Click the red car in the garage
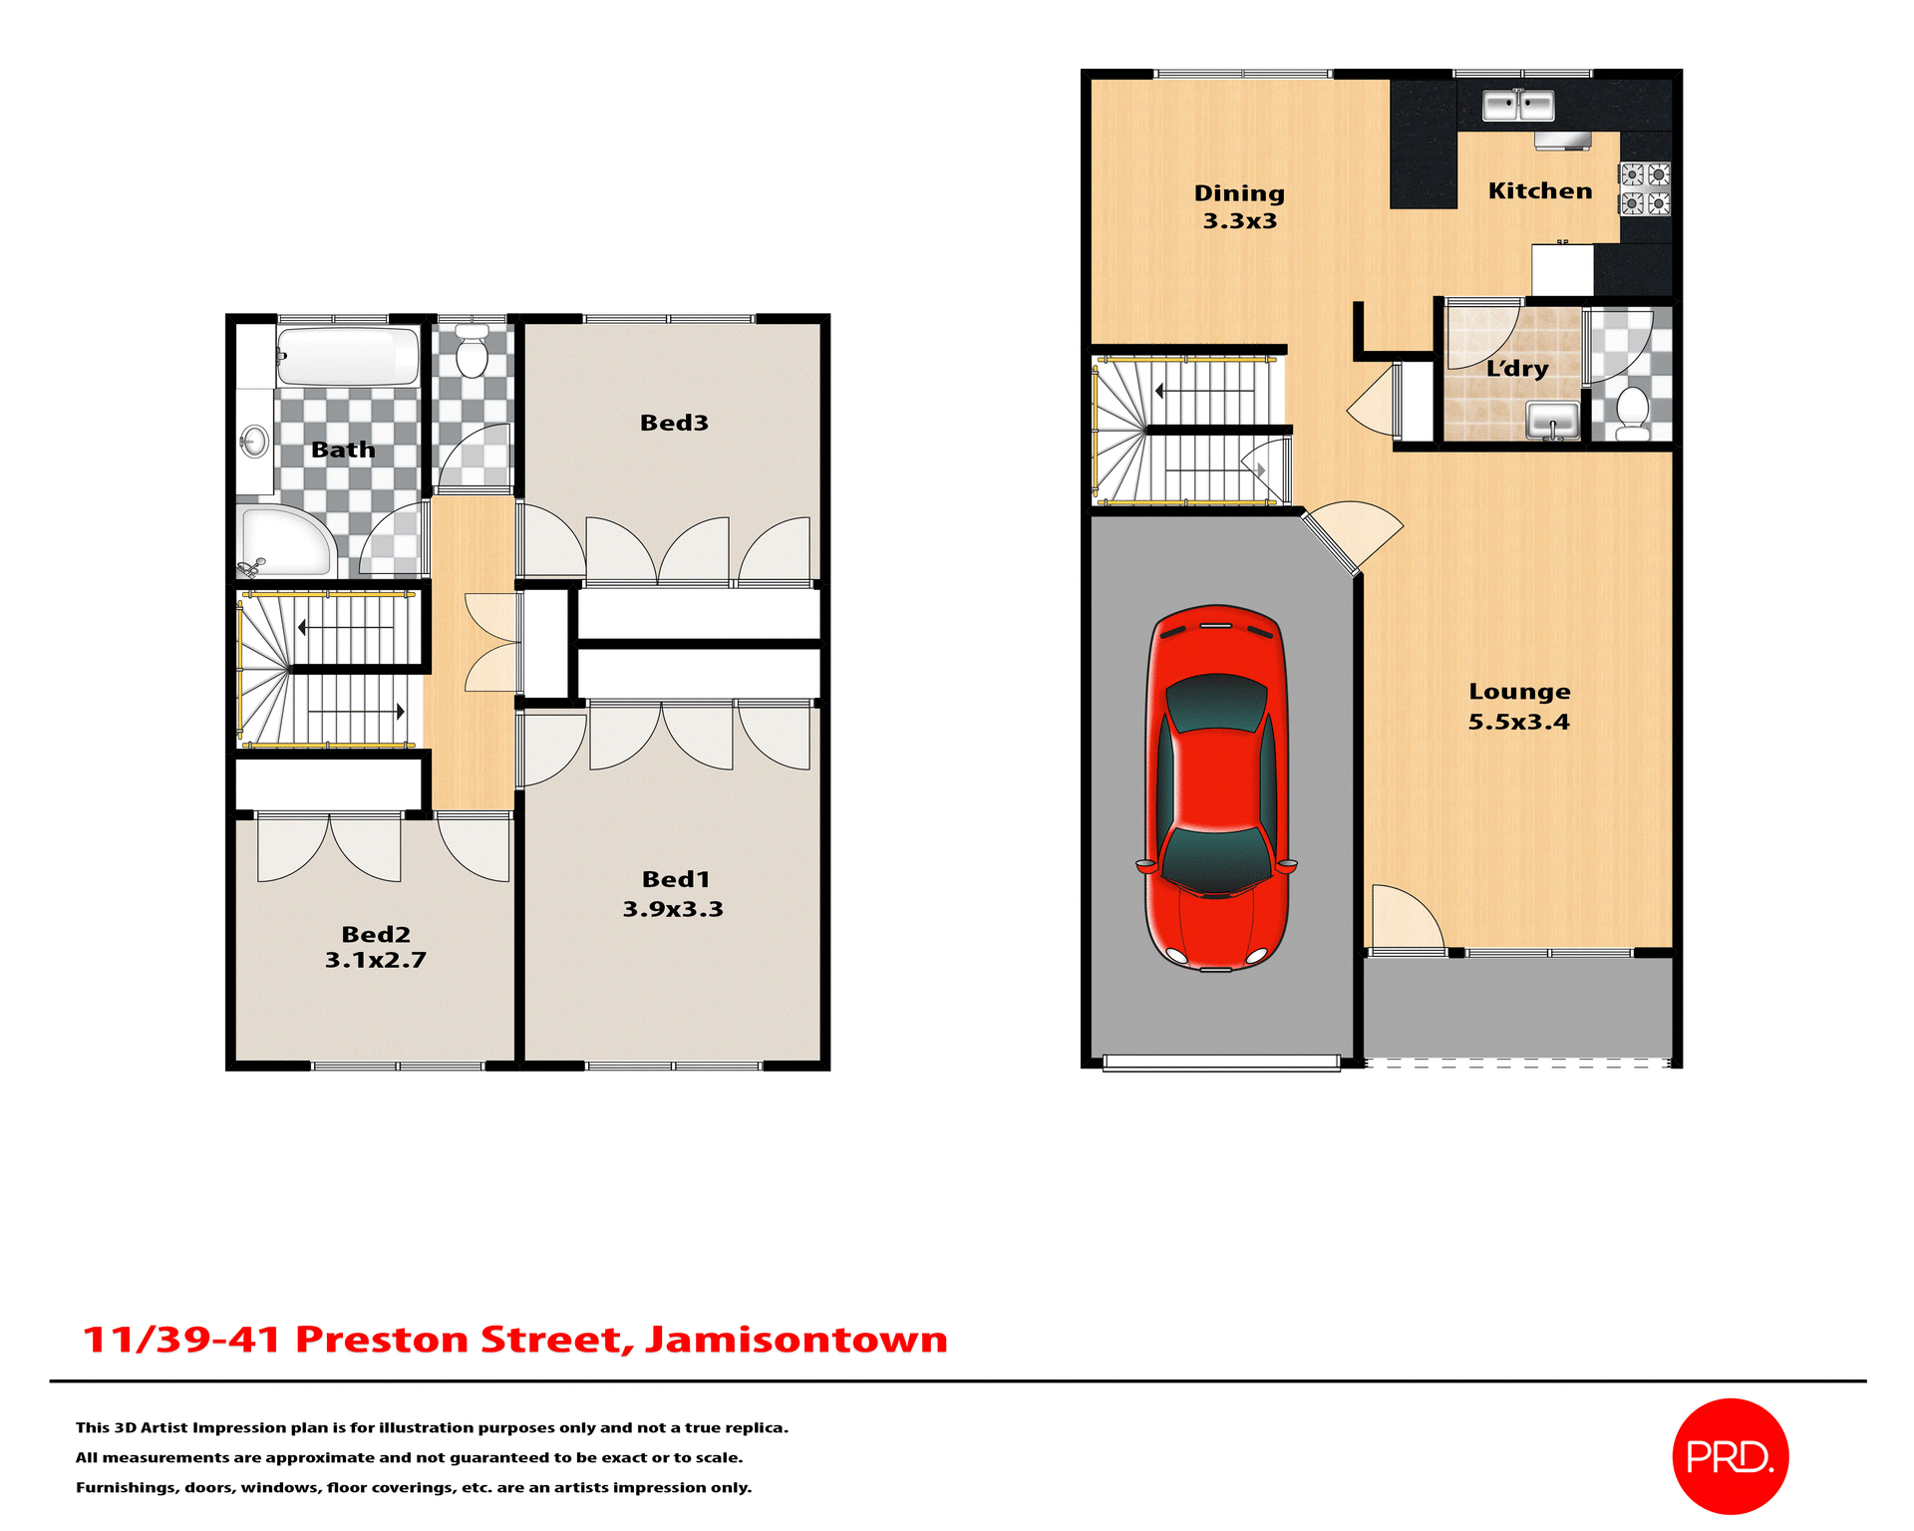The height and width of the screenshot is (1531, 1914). [x=1216, y=787]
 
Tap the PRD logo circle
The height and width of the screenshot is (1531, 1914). [x=1730, y=1456]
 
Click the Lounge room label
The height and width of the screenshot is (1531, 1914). [x=1519, y=692]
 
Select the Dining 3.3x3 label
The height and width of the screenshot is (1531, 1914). [x=1239, y=206]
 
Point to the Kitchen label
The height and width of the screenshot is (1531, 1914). [x=1539, y=190]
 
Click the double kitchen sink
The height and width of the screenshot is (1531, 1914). [x=1517, y=105]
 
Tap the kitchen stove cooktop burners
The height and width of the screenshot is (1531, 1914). [x=1644, y=189]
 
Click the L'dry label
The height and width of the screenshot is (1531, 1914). [x=1516, y=368]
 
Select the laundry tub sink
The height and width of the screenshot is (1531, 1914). [x=1552, y=419]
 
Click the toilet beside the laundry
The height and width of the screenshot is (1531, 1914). [x=1632, y=412]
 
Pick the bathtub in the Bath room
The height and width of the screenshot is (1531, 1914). [x=347, y=356]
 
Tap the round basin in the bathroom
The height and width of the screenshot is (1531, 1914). [x=255, y=441]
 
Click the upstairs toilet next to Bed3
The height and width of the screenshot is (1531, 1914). [x=471, y=351]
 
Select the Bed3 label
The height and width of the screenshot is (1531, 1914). [x=674, y=423]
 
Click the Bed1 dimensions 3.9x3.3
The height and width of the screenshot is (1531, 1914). [x=673, y=909]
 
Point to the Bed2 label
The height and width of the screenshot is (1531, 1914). [x=376, y=934]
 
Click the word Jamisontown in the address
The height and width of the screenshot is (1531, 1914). [x=796, y=1339]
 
